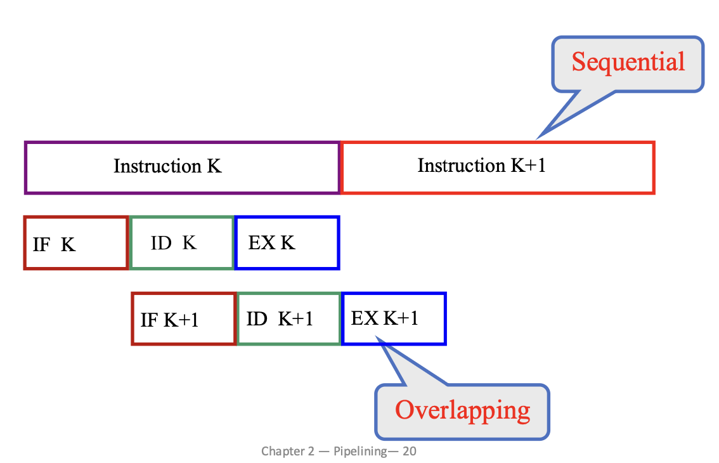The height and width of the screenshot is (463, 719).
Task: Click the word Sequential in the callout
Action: (x=628, y=62)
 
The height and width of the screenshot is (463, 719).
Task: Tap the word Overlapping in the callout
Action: (x=463, y=410)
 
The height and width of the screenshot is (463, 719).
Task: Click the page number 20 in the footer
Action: (x=410, y=451)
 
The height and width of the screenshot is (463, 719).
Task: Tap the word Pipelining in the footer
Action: (x=360, y=452)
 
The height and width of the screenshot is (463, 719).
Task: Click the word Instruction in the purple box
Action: (x=157, y=166)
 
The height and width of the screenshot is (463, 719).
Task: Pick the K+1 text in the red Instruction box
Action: (x=528, y=165)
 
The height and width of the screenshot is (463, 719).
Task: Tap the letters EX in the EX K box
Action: (x=262, y=243)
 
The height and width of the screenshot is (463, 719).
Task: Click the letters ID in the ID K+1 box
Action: (x=257, y=319)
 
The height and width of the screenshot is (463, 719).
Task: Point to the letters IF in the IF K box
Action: (x=41, y=245)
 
